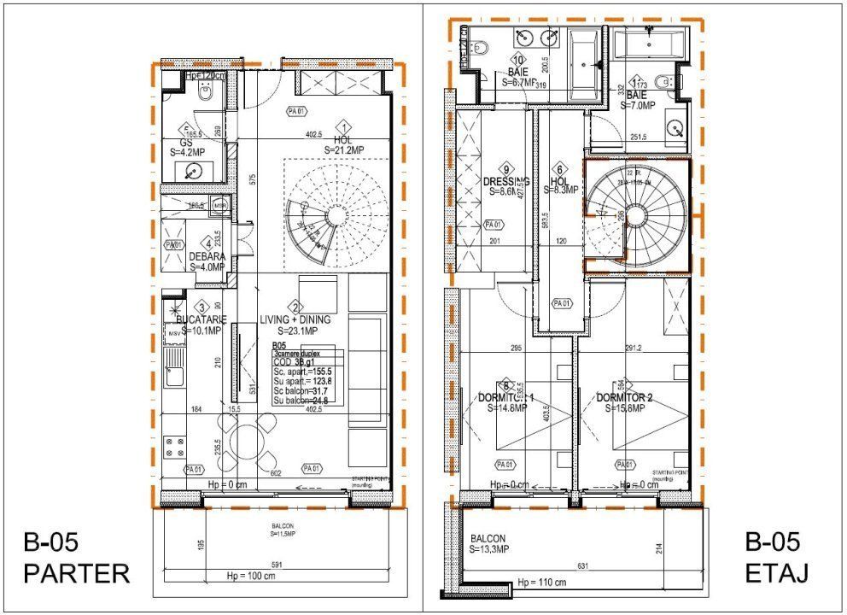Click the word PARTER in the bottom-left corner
point(77,573)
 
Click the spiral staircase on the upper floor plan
point(635,214)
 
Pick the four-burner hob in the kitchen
point(176,446)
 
